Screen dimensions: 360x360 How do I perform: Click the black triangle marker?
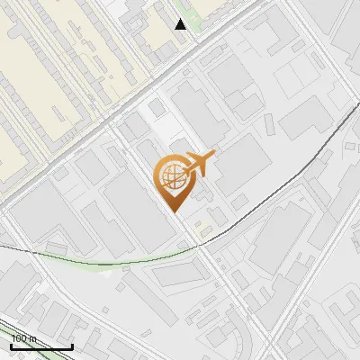[180, 24]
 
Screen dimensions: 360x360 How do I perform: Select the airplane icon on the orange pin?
[198, 164]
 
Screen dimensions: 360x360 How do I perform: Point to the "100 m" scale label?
[23, 338]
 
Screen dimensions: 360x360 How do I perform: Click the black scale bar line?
[40, 346]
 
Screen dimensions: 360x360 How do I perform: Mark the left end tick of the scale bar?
[10, 345]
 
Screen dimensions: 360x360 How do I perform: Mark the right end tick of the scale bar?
[72, 345]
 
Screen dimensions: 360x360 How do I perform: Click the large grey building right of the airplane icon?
[241, 166]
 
